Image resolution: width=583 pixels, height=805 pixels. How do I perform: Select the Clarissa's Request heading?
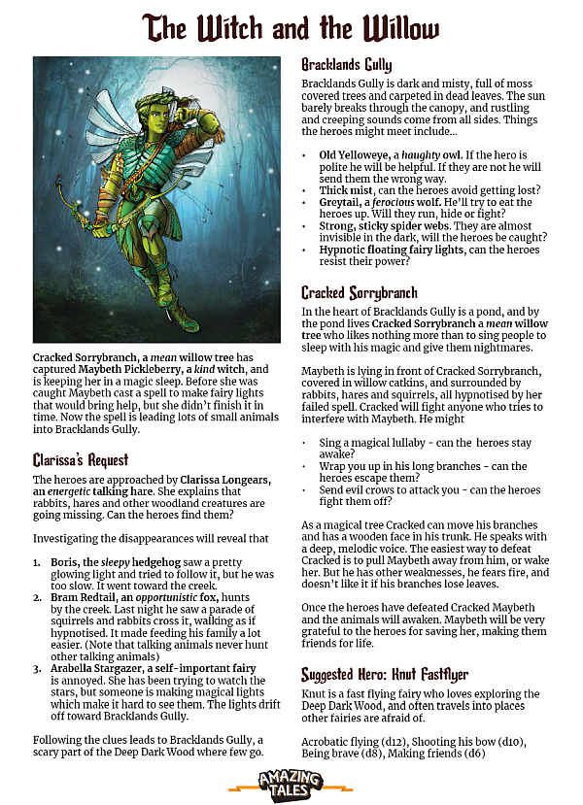point(81,458)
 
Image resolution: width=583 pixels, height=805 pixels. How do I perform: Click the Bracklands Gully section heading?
point(346,65)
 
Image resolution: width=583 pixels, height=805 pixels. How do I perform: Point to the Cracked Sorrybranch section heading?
point(359,292)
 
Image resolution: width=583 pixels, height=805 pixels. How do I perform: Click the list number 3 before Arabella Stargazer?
point(37,668)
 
